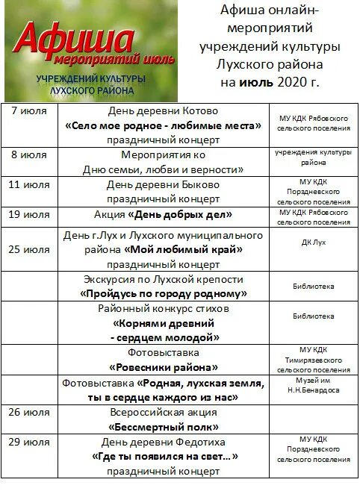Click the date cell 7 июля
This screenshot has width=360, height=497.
30,110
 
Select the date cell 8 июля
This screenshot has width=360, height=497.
30,154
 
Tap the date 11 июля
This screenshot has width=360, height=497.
30,184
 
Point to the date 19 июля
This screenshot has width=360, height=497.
30,213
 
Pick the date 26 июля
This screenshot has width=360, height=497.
30,411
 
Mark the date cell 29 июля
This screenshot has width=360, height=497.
30,441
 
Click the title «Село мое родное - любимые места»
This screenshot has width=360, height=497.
163,125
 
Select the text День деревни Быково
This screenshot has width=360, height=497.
163,184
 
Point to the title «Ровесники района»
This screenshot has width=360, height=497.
163,367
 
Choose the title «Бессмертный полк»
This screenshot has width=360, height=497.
163,427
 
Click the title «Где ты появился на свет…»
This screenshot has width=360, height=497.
163,456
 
